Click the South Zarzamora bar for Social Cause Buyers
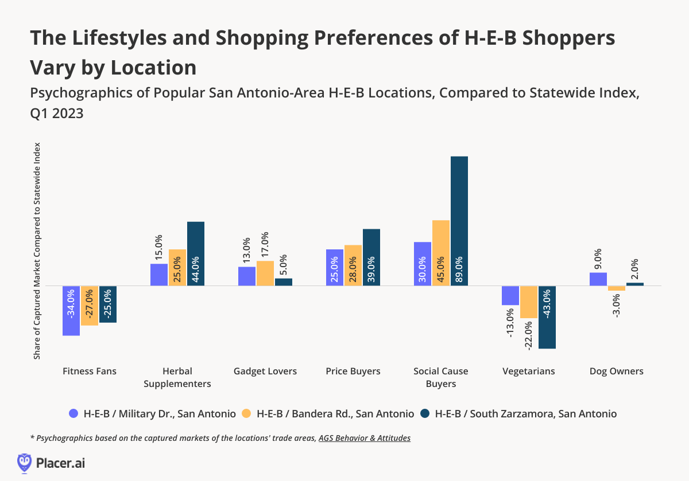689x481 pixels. coord(459,221)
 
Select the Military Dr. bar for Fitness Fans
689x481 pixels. coord(71,310)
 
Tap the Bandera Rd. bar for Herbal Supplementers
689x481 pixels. coord(177,267)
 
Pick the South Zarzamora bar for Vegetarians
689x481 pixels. coord(547,317)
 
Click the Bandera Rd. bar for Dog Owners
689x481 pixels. coord(617,288)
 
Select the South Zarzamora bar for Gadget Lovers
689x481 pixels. coord(284,282)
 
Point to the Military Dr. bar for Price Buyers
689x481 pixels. coord(334,267)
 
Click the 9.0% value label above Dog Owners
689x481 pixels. coord(598,259)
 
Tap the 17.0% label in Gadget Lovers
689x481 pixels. coord(265,245)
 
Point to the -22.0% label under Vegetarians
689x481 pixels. coord(529,335)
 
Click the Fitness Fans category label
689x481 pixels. coord(90,371)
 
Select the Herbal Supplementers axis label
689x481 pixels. coord(177,377)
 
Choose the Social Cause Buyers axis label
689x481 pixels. coord(441,377)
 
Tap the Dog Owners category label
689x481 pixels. coord(617,371)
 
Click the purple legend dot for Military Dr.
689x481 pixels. coord(73,413)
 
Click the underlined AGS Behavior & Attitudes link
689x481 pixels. coord(365,438)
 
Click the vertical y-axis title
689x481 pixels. coord(37,251)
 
